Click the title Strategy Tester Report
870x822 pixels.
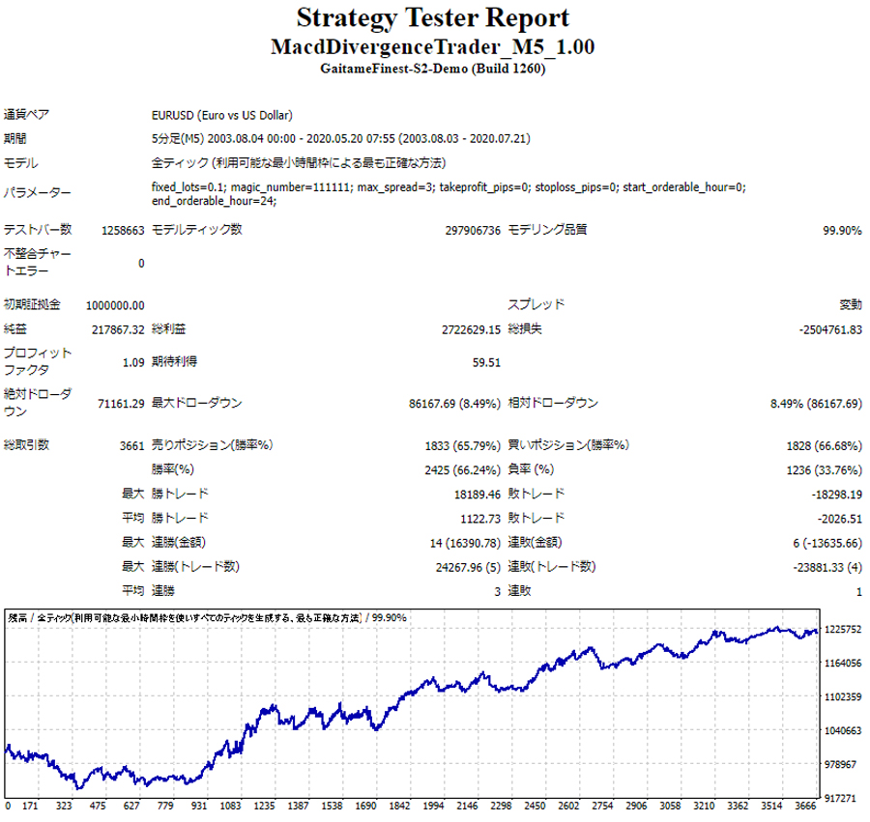coord(432,18)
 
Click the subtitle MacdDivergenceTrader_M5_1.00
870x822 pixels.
coord(432,47)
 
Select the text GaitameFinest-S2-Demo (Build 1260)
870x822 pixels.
coord(432,70)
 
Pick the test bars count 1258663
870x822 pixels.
coord(123,231)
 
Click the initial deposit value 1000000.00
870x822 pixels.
coord(115,305)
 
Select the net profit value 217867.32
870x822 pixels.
coord(116,329)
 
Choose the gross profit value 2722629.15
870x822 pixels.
coord(471,329)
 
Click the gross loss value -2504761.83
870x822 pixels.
coord(830,329)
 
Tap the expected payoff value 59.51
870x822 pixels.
coord(486,362)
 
